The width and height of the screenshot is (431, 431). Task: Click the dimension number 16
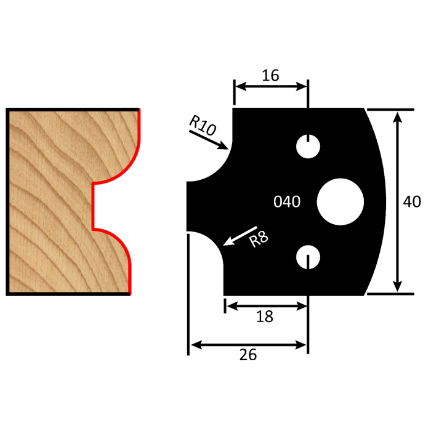[270, 75]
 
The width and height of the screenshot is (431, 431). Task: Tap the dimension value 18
[264, 316]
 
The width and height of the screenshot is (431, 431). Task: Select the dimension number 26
[248, 355]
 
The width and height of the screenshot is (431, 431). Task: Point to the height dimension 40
[412, 202]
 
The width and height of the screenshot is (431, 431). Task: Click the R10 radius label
[201, 125]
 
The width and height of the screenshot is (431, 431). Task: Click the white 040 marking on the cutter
[286, 202]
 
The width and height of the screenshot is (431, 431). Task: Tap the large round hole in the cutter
[340, 202]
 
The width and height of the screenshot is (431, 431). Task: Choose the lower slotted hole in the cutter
[307, 257]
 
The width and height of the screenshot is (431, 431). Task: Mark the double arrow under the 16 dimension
[270, 87]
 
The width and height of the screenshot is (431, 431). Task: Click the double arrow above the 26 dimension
[248, 344]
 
